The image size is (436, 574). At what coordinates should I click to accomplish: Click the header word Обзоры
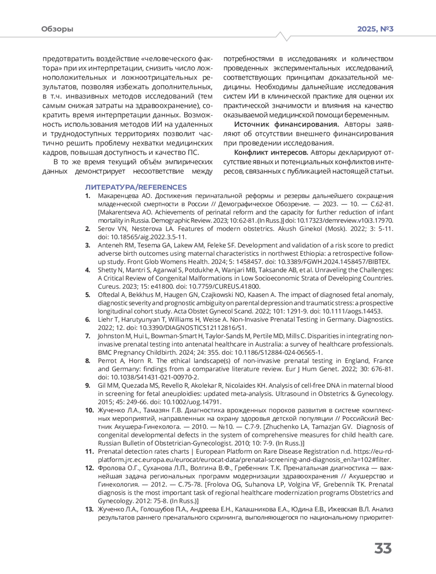[x=57, y=29]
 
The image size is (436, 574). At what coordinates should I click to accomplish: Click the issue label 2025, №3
[x=375, y=29]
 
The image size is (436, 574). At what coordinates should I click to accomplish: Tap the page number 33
[x=383, y=549]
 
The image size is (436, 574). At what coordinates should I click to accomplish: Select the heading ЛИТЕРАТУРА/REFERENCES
[x=136, y=187]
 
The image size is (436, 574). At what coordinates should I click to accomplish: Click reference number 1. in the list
[x=88, y=196]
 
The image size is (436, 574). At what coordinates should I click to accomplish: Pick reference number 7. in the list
[x=88, y=336]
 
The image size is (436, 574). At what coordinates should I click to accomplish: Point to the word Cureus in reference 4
[x=108, y=286]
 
